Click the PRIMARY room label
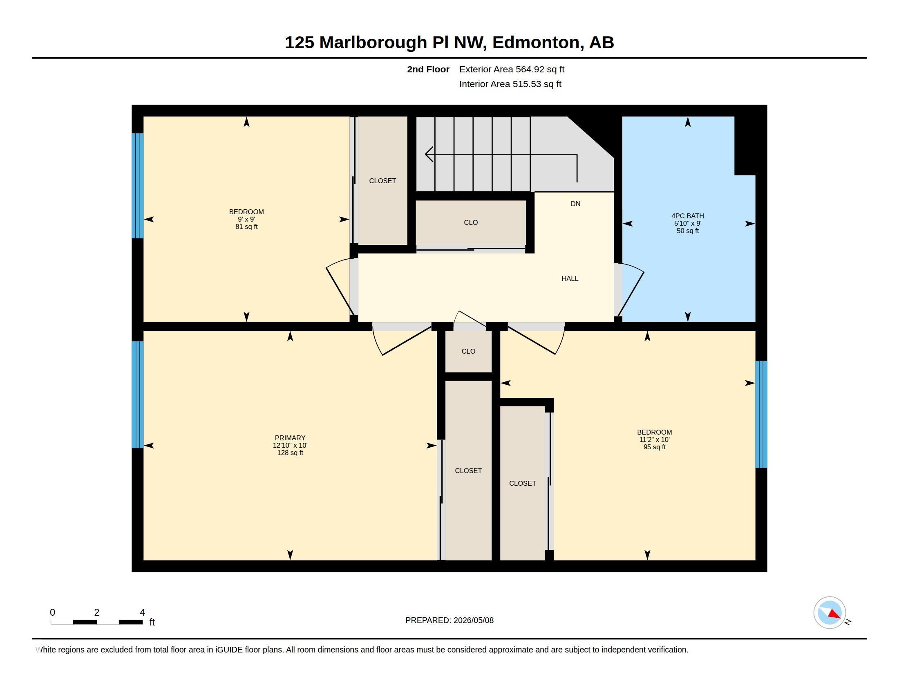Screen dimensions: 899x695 [290, 438]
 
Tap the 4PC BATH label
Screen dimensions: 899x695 [687, 216]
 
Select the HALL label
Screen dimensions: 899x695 [570, 278]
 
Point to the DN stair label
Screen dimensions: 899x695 [575, 204]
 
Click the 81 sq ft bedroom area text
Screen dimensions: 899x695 [246, 226]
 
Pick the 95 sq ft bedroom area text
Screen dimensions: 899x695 [655, 447]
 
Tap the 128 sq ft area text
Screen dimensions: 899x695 [290, 453]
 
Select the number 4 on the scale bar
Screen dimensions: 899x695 [143, 612]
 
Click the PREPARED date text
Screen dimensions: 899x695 [449, 620]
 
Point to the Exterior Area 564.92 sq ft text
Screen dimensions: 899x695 [512, 69]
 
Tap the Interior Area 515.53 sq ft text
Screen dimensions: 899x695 [510, 84]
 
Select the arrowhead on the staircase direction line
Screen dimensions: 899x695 [429, 155]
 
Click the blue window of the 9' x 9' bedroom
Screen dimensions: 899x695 [137, 186]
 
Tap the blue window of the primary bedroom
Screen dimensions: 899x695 [137, 395]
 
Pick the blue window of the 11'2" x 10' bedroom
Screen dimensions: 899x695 [761, 414]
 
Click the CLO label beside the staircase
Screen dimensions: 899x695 [471, 222]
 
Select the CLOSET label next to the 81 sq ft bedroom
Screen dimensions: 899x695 [382, 181]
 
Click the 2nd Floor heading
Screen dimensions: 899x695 [428, 69]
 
